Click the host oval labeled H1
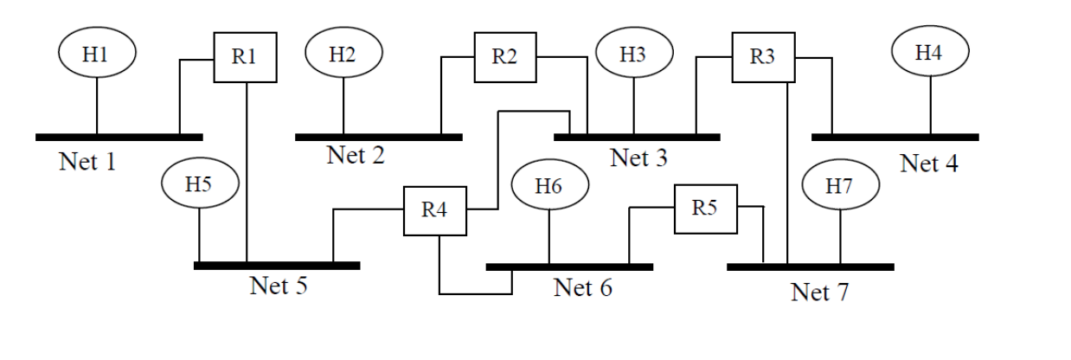click(97, 55)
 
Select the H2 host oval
click(343, 54)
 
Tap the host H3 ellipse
click(634, 54)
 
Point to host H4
click(930, 52)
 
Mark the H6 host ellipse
click(550, 185)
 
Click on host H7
click(841, 185)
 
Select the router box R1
click(246, 58)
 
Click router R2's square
click(504, 58)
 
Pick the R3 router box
click(763, 58)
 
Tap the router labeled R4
click(434, 210)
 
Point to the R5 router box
click(706, 208)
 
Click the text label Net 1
click(87, 162)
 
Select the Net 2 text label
click(356, 156)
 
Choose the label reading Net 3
click(638, 158)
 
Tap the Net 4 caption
click(930, 163)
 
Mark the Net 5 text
click(279, 286)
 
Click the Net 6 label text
click(582, 286)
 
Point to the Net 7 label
click(820, 292)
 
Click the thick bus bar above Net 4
click(895, 137)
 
